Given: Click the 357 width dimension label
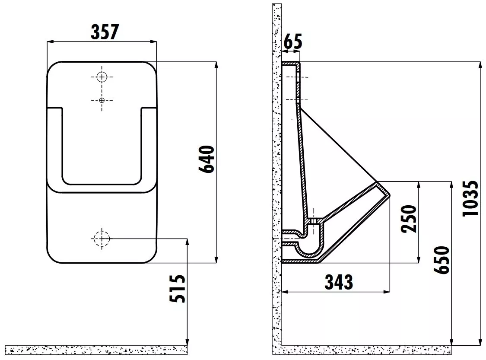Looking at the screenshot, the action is point(105,32).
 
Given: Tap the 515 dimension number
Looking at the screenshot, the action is point(177,289).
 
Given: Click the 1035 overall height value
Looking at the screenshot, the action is point(470,198).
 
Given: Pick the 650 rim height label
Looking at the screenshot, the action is point(441,260).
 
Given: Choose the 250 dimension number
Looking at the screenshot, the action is point(409,219).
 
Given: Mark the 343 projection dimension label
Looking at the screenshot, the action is point(338,282).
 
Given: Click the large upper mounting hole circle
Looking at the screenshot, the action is point(102,77).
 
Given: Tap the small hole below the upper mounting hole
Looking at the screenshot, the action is point(102,100).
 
